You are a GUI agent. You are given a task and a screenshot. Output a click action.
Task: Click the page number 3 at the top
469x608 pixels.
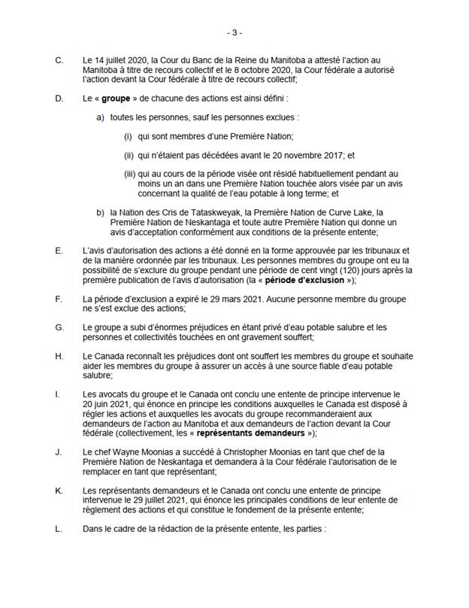(234, 32)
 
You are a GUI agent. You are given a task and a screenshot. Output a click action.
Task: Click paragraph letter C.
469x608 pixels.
(59, 58)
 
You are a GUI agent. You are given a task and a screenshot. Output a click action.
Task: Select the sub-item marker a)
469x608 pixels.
(100, 119)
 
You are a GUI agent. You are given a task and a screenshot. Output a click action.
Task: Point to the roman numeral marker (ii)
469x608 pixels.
(129, 155)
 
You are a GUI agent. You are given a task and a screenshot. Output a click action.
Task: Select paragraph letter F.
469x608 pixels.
(59, 299)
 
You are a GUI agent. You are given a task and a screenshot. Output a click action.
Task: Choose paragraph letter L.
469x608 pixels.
(59, 528)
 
